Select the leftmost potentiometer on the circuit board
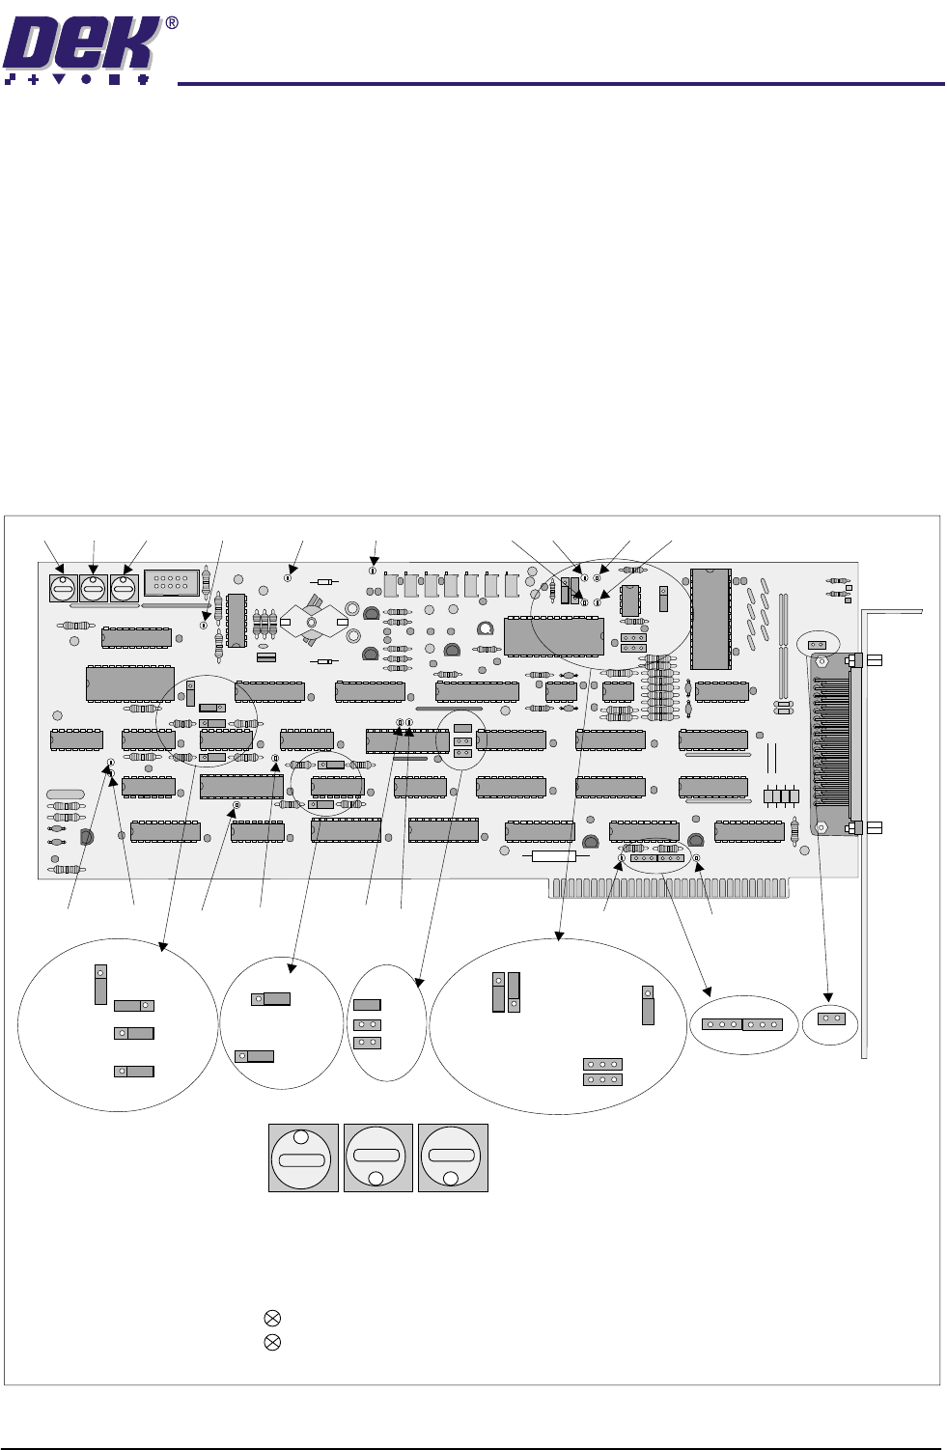pyautogui.click(x=63, y=587)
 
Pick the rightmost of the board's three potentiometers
pyautogui.click(x=124, y=587)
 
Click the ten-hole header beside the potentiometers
pyautogui.click(x=171, y=583)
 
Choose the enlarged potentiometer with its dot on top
pyautogui.click(x=302, y=1157)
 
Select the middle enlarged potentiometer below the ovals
pyautogui.click(x=377, y=1157)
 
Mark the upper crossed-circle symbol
pyautogui.click(x=272, y=1318)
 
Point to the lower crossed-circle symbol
pyautogui.click(x=272, y=1342)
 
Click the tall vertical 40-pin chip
pyautogui.click(x=710, y=618)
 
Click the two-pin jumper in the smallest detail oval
pyautogui.click(x=831, y=1018)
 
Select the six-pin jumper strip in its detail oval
pyautogui.click(x=741, y=1024)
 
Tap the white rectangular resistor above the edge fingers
pyautogui.click(x=554, y=856)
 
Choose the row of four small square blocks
pyautogui.click(x=781, y=797)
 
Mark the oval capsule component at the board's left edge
pyautogui.click(x=66, y=794)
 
